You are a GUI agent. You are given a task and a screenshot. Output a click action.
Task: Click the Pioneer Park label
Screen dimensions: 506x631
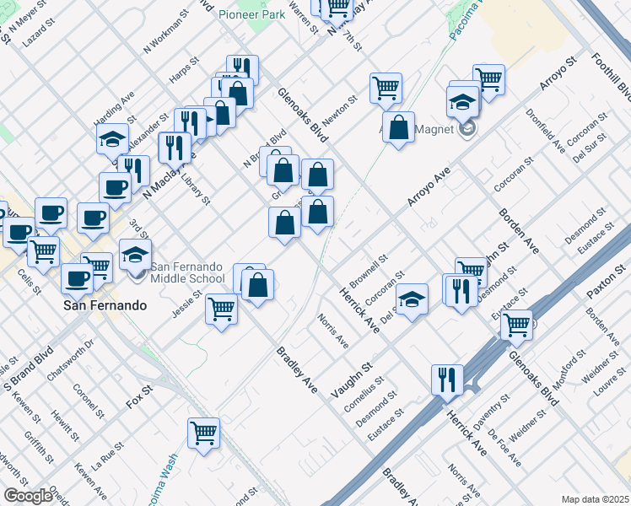tap(251, 14)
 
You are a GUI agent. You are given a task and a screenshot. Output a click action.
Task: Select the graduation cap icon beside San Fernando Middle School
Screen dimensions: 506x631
tap(135, 254)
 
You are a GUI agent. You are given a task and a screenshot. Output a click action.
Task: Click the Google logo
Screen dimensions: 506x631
tap(28, 495)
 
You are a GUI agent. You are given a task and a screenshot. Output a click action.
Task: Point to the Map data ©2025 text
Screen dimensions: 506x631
tap(595, 499)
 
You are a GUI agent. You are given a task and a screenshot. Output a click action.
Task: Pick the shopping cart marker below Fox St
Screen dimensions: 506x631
tap(203, 433)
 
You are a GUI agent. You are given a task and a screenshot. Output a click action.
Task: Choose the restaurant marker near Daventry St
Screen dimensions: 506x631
tap(446, 379)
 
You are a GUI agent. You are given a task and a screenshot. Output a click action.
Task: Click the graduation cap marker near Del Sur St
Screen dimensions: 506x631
tap(412, 299)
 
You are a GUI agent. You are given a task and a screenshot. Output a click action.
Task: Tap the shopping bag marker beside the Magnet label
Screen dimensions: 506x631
tap(400, 127)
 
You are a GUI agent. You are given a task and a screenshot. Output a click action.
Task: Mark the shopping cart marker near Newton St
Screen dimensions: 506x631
tap(386, 88)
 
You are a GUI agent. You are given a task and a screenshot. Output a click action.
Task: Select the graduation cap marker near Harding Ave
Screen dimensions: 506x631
tap(111, 139)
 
